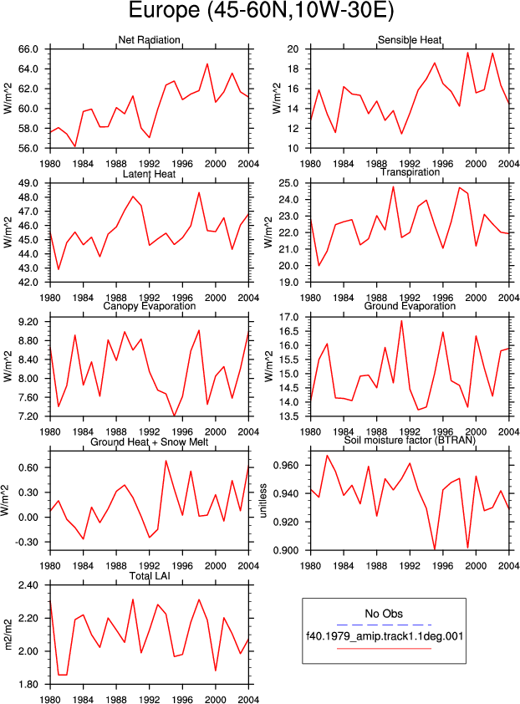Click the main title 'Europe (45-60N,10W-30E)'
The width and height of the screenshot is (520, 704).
pos(261,10)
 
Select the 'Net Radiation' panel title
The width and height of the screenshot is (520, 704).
pos(149,40)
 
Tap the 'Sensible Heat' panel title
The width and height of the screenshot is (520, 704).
pos(410,40)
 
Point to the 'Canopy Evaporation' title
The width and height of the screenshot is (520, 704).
pos(150,306)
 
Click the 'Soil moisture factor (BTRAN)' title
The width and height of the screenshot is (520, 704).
pos(410,441)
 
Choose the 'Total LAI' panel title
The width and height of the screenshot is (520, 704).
pos(150,576)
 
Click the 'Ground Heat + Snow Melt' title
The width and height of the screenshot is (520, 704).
pos(150,442)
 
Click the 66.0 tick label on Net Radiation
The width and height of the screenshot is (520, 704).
pos(28,49)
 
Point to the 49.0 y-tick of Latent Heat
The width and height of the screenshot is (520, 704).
pos(28,183)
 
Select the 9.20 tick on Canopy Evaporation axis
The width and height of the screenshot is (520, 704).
pos(28,322)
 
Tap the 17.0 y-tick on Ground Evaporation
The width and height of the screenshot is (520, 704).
pos(289,318)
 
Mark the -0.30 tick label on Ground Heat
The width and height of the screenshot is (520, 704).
pos(27,542)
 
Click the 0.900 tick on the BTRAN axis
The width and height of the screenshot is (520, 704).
pos(286,550)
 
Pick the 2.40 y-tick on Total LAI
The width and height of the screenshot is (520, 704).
pos(28,585)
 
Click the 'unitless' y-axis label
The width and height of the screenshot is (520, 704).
pos(263,501)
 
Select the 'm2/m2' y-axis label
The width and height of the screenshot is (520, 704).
pos(8,635)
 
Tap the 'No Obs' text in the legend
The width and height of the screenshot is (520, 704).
pos(384,614)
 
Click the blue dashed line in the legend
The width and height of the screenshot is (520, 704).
pos(384,625)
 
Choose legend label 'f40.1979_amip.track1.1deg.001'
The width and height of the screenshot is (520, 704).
pos(385,636)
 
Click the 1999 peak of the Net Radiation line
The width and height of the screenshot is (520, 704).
pos(207,64)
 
